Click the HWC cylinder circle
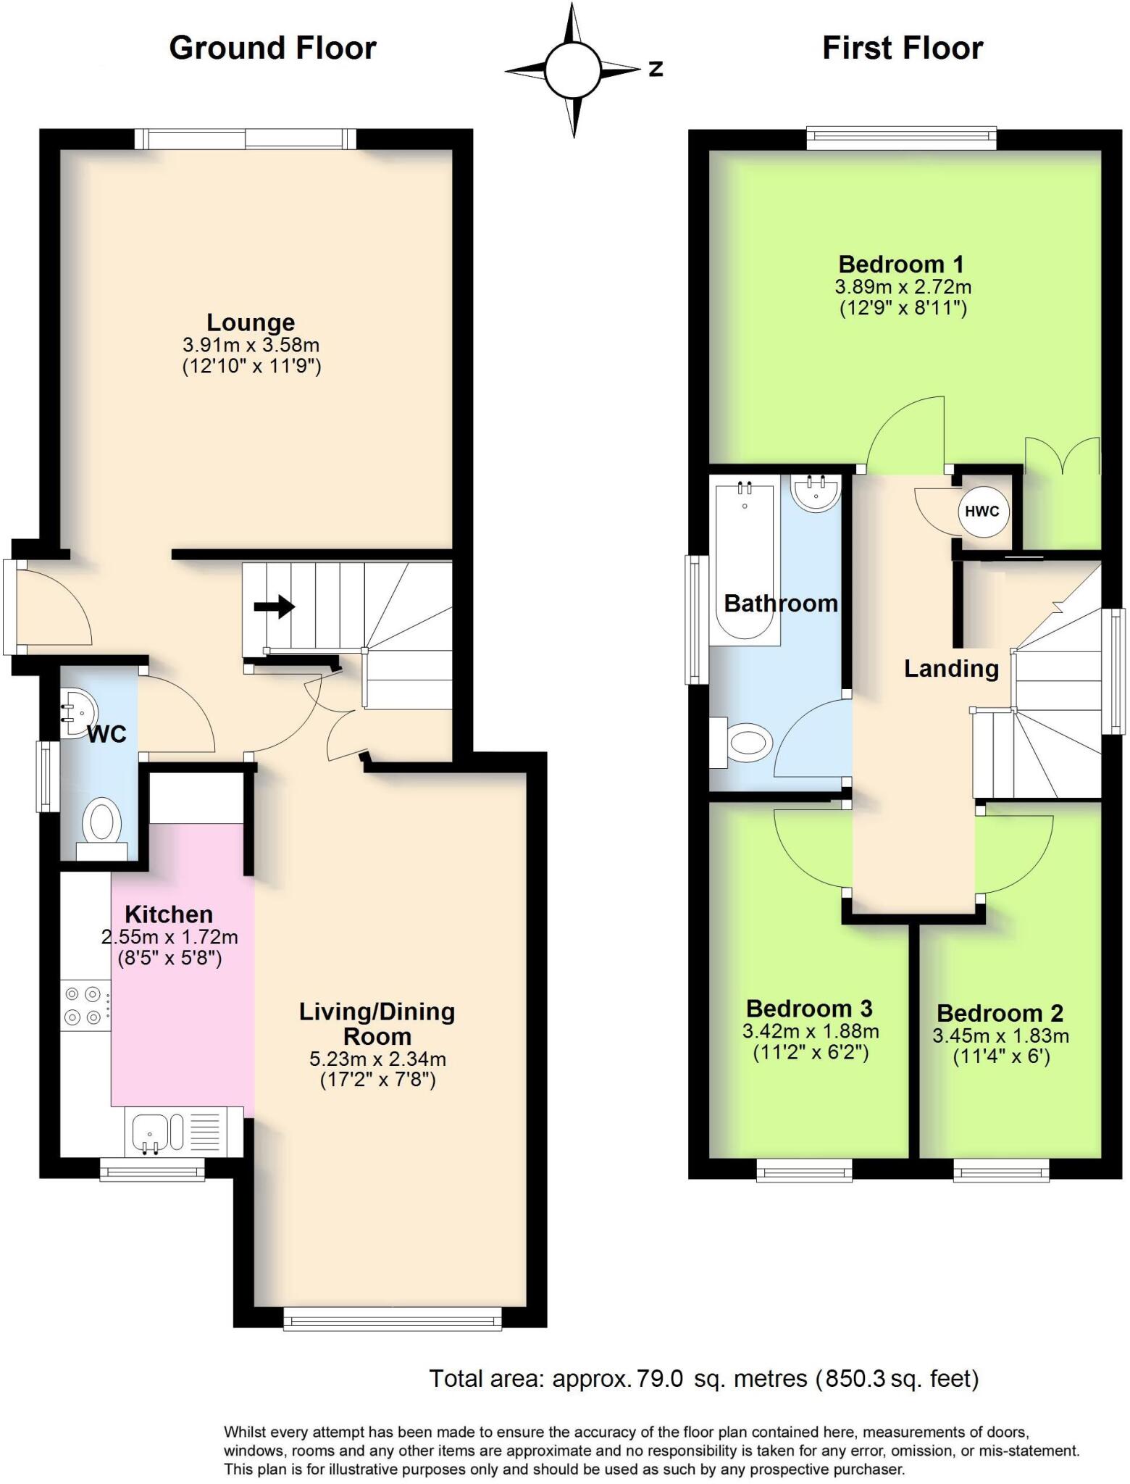(x=982, y=511)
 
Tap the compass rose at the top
(x=573, y=70)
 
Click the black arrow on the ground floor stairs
(x=275, y=606)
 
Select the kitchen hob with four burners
(x=83, y=1005)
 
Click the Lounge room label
(x=251, y=322)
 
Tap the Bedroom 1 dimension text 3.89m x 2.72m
(x=903, y=286)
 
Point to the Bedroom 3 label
(x=809, y=1008)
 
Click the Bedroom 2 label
(x=1000, y=1012)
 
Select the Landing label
(x=951, y=668)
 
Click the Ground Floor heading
(x=272, y=49)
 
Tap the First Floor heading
(x=902, y=49)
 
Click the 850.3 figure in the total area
(x=854, y=1378)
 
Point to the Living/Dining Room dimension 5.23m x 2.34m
(x=377, y=1059)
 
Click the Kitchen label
(x=169, y=914)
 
